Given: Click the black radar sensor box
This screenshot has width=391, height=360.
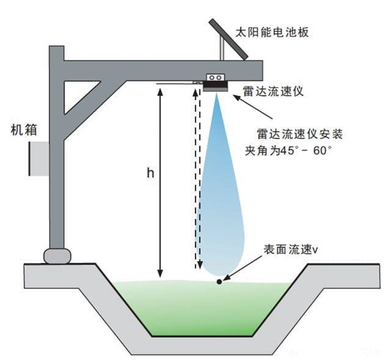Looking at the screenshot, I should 215,82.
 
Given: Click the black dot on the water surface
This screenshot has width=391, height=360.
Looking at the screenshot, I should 220,282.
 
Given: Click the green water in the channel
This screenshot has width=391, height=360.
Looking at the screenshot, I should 195,306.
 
